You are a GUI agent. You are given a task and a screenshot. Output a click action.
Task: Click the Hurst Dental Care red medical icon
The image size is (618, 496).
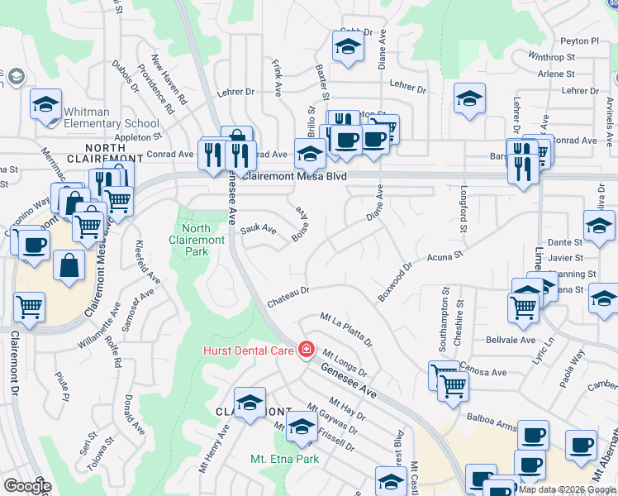(x=307, y=351)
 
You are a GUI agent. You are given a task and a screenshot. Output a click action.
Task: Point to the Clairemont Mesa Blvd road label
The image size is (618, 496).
(x=292, y=177)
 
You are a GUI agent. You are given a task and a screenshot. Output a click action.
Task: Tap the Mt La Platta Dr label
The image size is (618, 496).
(x=346, y=330)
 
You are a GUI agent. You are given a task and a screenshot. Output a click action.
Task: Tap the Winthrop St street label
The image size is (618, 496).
(x=551, y=58)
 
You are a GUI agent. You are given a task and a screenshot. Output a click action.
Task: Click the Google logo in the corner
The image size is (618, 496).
(x=27, y=486)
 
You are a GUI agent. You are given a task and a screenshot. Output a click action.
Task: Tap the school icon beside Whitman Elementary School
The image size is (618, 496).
(x=46, y=105)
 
